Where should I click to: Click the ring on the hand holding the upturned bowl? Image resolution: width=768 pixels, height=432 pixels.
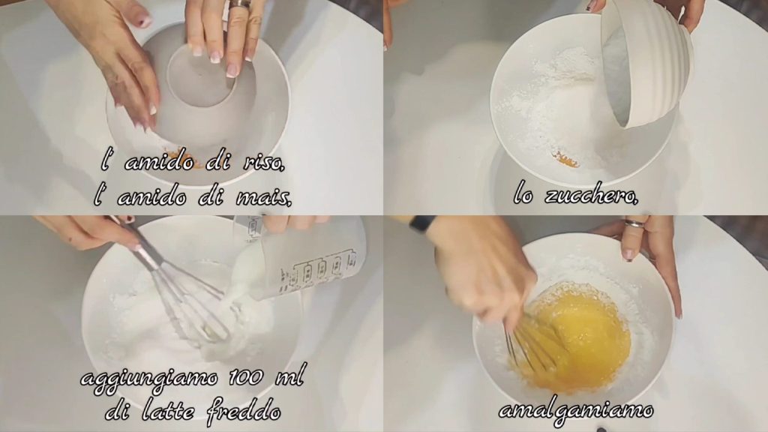(x=240, y=4)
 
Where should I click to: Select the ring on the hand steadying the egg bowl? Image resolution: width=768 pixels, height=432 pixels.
(x=634, y=224)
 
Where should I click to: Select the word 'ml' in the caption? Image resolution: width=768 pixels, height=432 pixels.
(x=289, y=376)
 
